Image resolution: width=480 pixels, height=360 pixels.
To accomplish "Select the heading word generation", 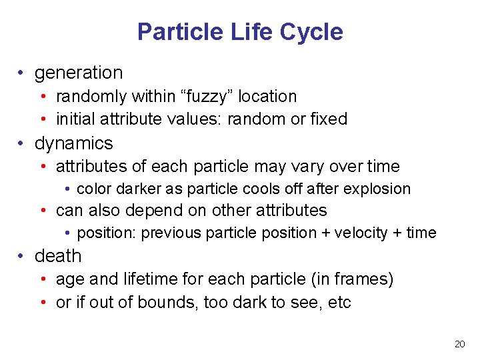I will tap(79, 73).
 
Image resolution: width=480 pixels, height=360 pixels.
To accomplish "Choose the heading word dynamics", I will tap(74, 143).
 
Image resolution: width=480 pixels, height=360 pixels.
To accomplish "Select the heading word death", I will tap(58, 256).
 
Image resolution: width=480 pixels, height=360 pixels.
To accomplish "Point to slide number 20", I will tap(459, 344).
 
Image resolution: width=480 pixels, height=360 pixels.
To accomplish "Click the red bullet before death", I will tap(22, 257).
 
